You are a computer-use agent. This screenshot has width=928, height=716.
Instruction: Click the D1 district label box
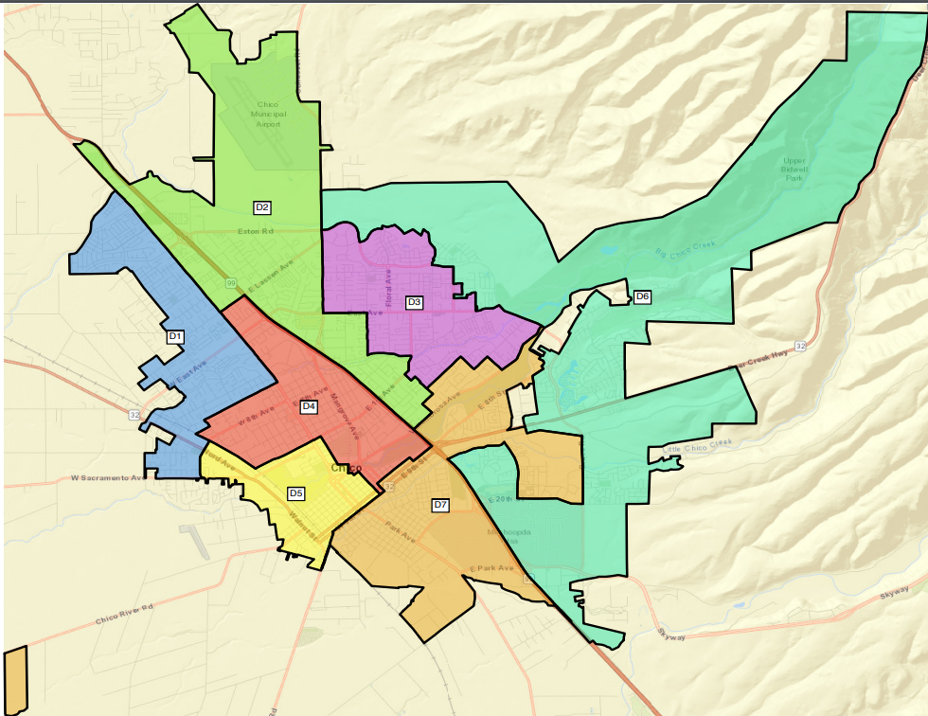(x=174, y=336)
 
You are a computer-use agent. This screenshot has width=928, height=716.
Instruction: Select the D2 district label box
(x=262, y=206)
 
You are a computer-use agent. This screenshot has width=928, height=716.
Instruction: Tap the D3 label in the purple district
(x=414, y=302)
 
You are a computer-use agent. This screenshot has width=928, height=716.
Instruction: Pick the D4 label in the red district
(x=308, y=406)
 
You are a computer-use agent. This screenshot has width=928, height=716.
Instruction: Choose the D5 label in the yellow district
(x=296, y=493)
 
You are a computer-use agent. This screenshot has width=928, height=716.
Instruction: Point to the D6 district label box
(x=642, y=296)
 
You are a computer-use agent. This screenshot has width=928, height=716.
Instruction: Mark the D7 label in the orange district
(x=440, y=505)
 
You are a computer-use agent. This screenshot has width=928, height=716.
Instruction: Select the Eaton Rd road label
(x=255, y=230)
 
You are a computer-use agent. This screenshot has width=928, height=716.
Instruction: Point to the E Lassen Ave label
(x=271, y=276)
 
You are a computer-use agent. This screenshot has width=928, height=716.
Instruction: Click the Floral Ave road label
(x=387, y=290)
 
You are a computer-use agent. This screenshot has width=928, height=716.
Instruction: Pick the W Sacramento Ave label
(x=110, y=478)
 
